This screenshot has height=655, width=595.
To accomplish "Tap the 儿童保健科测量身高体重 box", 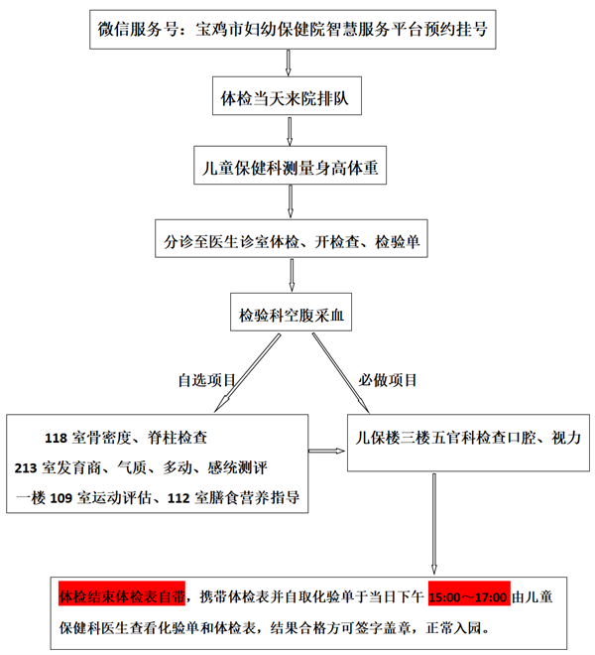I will pos(288,169).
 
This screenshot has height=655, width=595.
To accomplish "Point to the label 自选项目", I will pos(207,380).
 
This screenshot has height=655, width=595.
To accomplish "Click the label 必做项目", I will pos(389,380).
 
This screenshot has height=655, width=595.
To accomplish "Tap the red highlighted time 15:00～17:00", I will pos(468,598).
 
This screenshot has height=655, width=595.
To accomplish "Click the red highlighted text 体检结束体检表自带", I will pos(121,598).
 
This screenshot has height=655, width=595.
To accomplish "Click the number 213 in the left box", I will pos(28,467).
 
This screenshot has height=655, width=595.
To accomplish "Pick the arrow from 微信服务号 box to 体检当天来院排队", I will pos(288,64).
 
